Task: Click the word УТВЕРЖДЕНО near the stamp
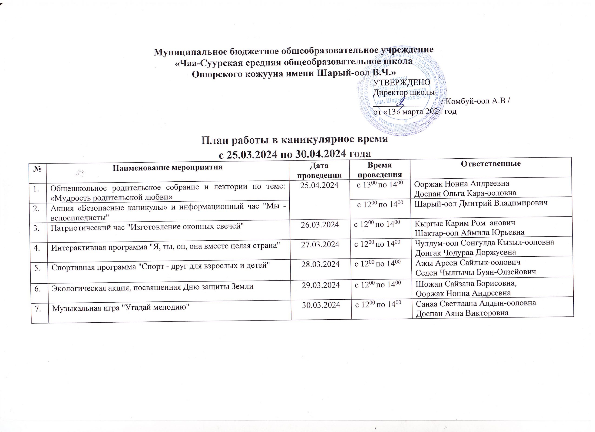tap(401, 82)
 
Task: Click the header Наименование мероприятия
tap(168, 167)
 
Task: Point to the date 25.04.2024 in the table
tap(319, 185)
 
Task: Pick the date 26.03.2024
tap(320, 225)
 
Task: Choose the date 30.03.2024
tap(321, 305)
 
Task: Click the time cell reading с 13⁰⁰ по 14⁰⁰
tap(380, 185)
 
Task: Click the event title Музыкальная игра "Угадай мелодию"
tap(121, 308)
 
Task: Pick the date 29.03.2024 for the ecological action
tap(321, 285)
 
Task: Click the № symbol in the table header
tap(38, 168)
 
